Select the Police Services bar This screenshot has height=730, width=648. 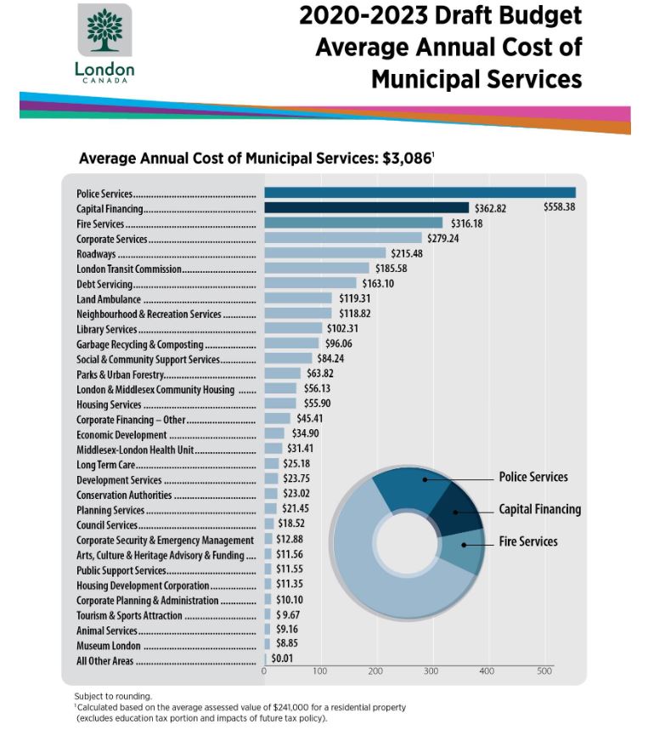(x=420, y=193)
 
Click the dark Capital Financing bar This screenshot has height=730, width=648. (x=366, y=208)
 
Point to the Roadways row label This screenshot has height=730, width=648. (x=91, y=254)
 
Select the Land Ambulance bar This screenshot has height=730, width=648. (x=297, y=299)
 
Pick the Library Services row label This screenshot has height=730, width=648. (x=106, y=330)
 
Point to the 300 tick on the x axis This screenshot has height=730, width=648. (x=431, y=671)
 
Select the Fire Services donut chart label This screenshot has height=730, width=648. (x=527, y=541)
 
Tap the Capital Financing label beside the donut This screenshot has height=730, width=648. (x=539, y=510)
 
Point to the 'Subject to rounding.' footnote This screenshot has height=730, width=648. (x=113, y=696)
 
